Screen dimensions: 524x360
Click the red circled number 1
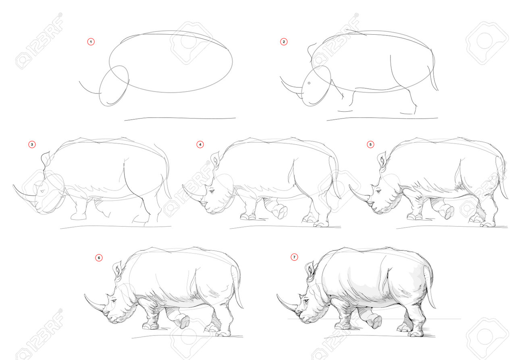click(x=91, y=42)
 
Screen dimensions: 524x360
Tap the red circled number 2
click(x=284, y=42)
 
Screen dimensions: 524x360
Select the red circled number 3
click(x=32, y=145)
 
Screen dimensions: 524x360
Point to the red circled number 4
click(x=200, y=145)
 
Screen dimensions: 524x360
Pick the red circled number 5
click(x=370, y=145)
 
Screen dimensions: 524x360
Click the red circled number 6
click(x=99, y=258)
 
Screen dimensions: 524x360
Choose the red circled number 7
click(x=294, y=257)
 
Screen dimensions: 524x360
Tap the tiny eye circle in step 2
click(x=309, y=83)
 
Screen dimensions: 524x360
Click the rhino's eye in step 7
click(x=306, y=300)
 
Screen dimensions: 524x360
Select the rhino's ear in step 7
click(x=310, y=271)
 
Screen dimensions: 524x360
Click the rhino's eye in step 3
click(x=42, y=191)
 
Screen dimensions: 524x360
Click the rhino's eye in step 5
click(x=378, y=192)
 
